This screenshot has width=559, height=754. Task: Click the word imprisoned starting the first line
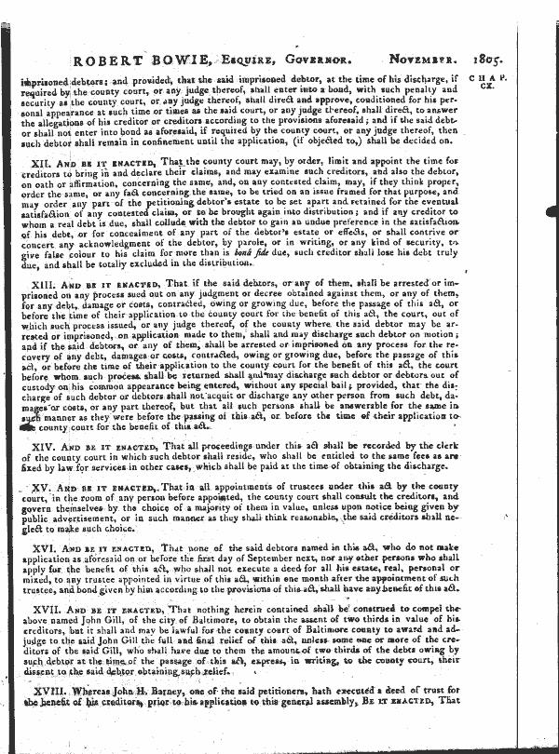[46, 80]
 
